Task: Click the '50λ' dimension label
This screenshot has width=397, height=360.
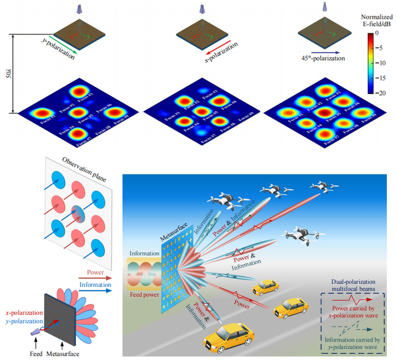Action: (x=7, y=73)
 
